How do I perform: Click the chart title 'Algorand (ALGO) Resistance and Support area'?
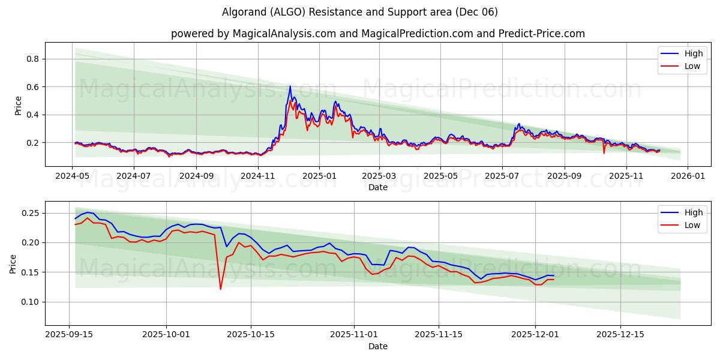coord(360,12)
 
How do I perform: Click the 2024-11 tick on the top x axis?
coord(258,176)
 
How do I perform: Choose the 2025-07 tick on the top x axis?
coord(502,176)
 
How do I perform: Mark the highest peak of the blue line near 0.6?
coord(290,86)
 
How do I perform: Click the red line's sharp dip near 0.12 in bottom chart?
coord(220,289)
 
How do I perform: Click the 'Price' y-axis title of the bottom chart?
coord(13,263)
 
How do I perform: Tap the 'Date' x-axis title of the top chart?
coord(378,187)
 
